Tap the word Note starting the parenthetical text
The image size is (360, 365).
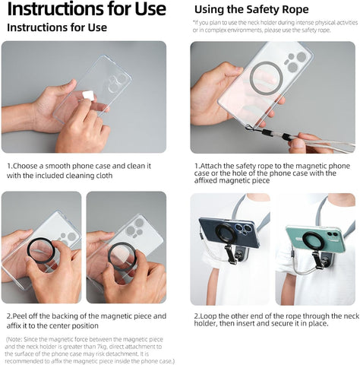click(x=16, y=339)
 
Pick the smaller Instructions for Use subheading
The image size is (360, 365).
click(x=57, y=27)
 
